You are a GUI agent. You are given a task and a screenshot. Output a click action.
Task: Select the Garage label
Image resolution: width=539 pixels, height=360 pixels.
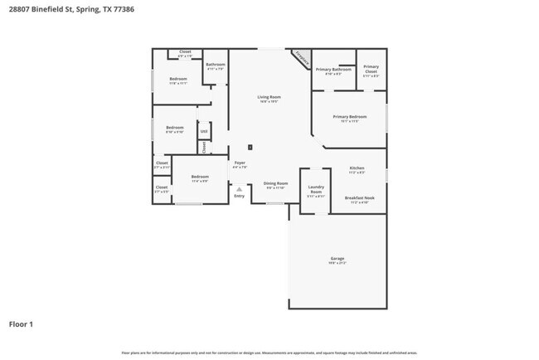click(337, 260)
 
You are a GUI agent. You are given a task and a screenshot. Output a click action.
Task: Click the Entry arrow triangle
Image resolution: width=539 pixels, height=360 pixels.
click(239, 189)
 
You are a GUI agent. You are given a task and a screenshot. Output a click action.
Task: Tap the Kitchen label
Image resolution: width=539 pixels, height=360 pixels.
click(357, 169)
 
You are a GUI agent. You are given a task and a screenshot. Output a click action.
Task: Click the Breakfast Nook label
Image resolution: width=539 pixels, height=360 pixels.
click(359, 199)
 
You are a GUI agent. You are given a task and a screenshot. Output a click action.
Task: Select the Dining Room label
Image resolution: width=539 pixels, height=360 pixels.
click(275, 184)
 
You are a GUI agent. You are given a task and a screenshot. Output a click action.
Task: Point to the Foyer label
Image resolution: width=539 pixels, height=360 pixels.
click(239, 164)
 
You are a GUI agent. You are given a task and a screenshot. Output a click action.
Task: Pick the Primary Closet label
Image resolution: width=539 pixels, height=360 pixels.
click(371, 69)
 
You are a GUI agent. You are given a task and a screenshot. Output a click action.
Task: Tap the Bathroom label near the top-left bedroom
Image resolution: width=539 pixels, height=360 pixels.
click(216, 66)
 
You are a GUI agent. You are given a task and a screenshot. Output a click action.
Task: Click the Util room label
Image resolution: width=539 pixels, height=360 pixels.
click(203, 131)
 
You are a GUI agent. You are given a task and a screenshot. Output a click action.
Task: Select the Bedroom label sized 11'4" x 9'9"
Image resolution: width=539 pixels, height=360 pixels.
click(200, 178)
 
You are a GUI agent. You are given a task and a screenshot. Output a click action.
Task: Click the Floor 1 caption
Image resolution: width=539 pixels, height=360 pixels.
click(21, 324)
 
